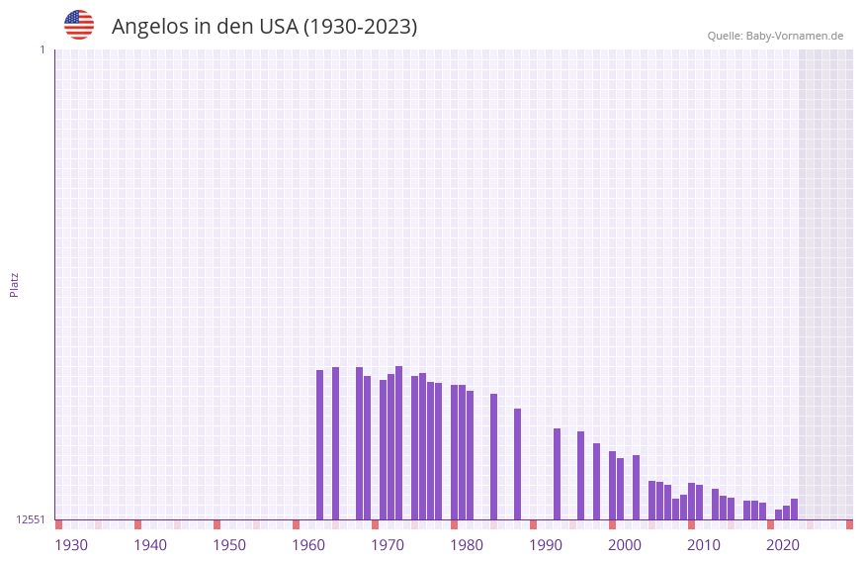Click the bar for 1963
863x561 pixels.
(x=319, y=444)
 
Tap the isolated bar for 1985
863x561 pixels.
(x=493, y=456)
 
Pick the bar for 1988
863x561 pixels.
(x=517, y=464)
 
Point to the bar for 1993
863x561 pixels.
(x=557, y=474)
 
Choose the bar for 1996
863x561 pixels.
(x=580, y=476)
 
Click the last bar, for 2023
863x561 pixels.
(x=794, y=509)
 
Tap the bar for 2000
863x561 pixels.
(x=612, y=485)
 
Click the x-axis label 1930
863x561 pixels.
(x=71, y=545)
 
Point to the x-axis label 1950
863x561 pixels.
(x=229, y=545)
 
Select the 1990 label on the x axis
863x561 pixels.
(x=546, y=545)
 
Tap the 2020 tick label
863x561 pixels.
(x=783, y=545)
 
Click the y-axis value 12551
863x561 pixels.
(x=31, y=519)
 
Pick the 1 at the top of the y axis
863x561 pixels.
(x=42, y=49)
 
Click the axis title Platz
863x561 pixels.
(x=14, y=284)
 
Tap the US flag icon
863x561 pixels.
(x=79, y=25)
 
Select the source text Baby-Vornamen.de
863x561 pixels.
(x=794, y=36)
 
